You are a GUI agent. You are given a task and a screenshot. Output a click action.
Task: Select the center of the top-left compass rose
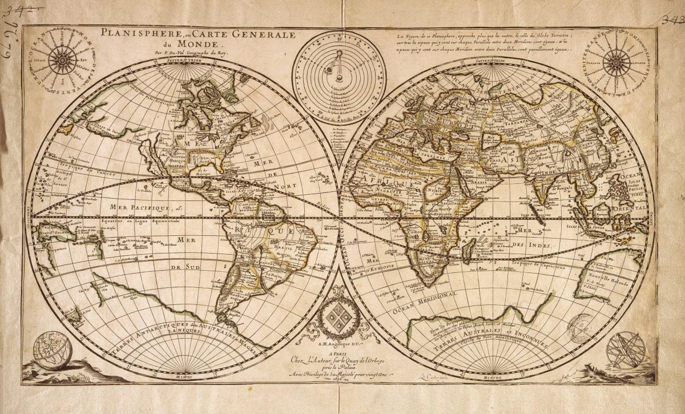pos(59,59)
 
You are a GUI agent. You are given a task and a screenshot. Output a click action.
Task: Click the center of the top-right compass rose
pos(616,61)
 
